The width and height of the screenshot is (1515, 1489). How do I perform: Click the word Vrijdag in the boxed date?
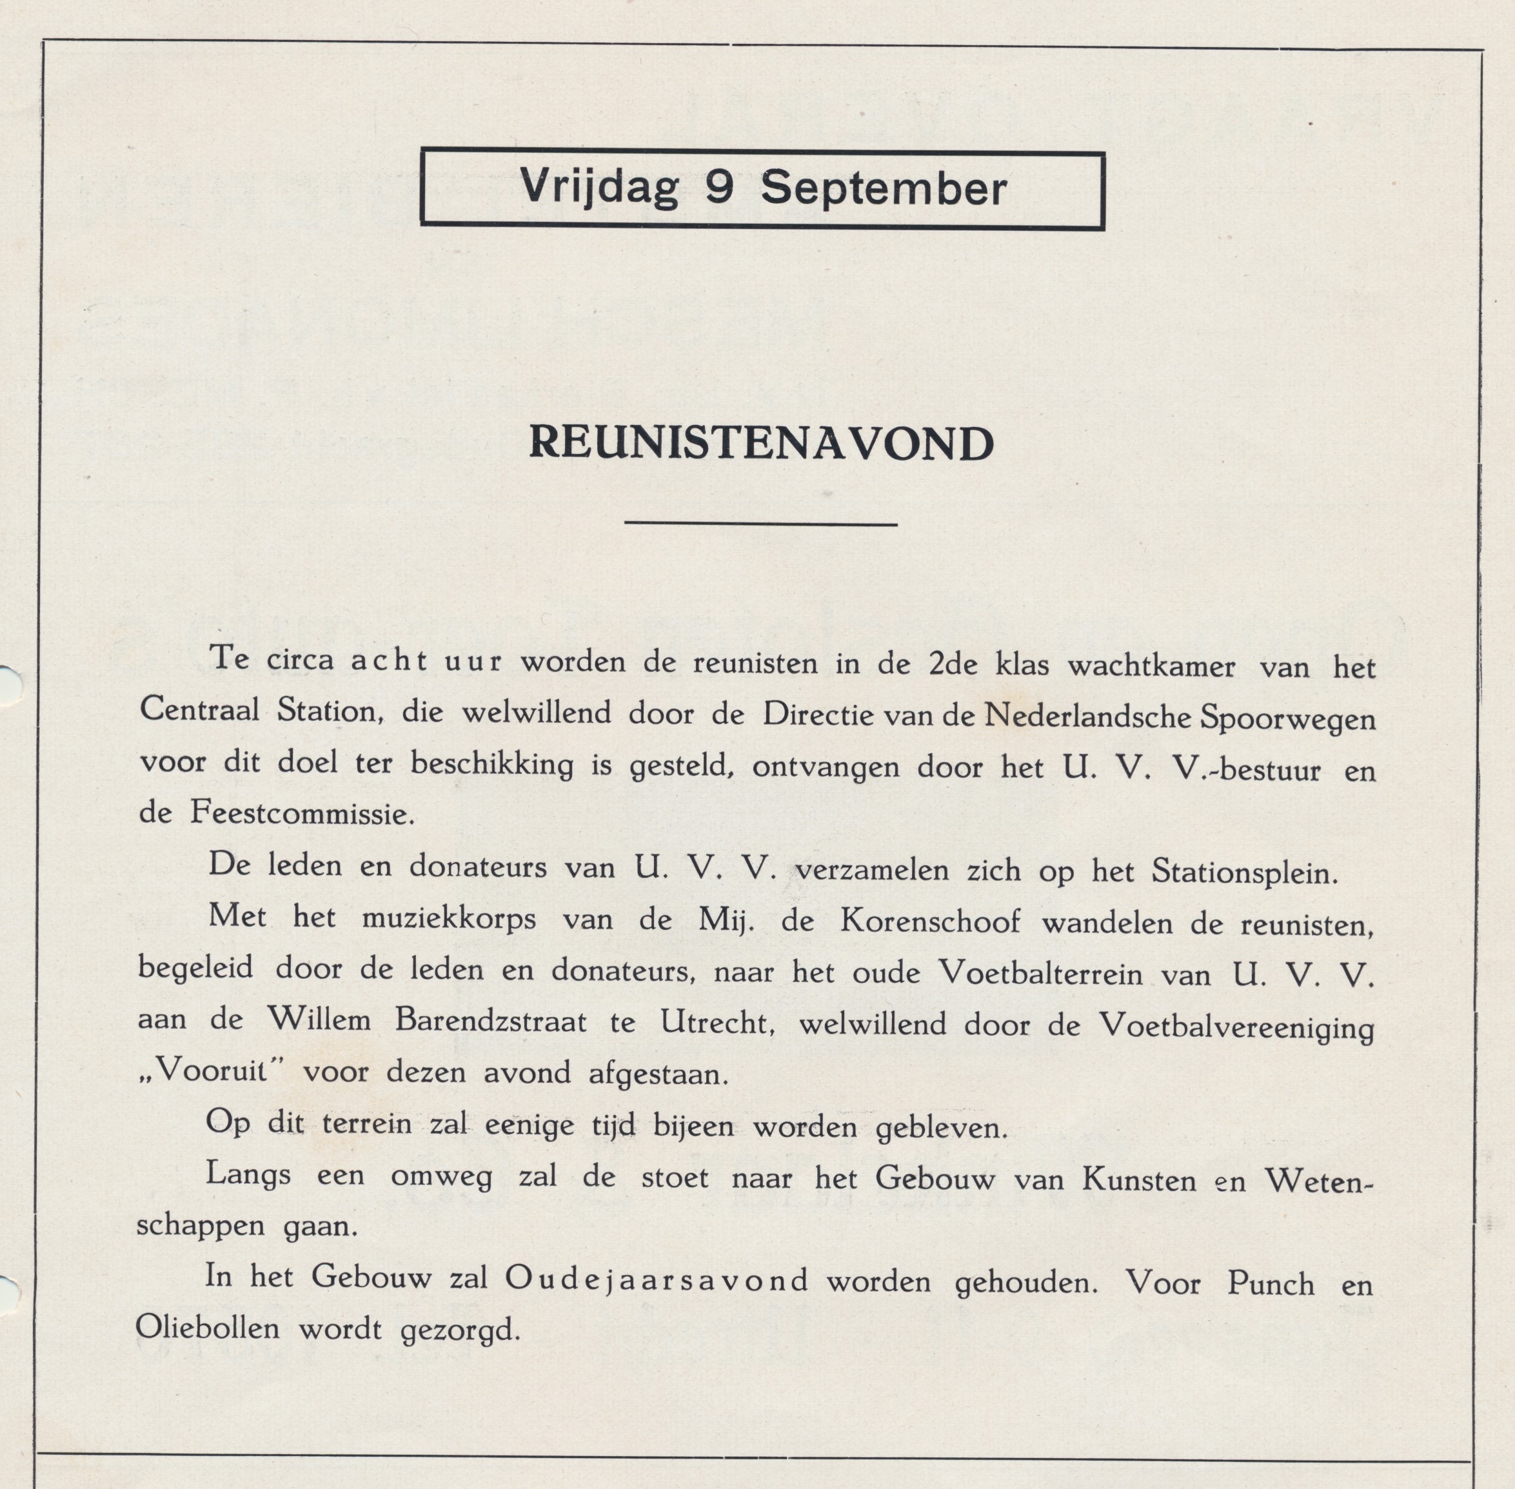[x=599, y=188]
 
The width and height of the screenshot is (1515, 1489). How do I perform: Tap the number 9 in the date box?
[x=718, y=188]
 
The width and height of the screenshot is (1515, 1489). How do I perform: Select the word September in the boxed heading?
[x=883, y=189]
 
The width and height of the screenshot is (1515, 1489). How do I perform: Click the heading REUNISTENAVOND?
[x=761, y=444]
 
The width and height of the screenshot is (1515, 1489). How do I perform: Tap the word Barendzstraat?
[x=490, y=1021]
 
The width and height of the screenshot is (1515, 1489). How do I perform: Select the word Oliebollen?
[x=207, y=1328]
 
